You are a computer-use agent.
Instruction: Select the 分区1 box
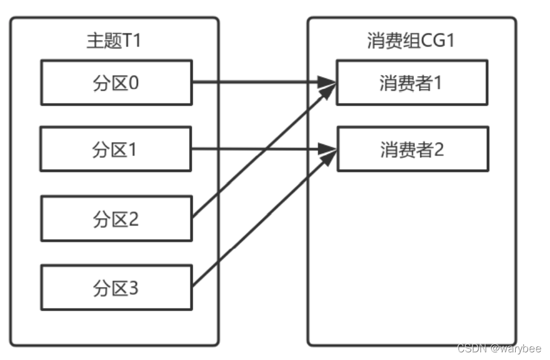(116, 150)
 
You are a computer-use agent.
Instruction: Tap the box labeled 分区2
(116, 219)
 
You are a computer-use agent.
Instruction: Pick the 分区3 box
(116, 288)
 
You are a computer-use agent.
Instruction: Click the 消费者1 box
(411, 82)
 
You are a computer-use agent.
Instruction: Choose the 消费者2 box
(411, 149)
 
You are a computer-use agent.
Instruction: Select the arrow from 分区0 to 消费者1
(259, 82)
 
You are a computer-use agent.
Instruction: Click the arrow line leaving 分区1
(259, 149)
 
